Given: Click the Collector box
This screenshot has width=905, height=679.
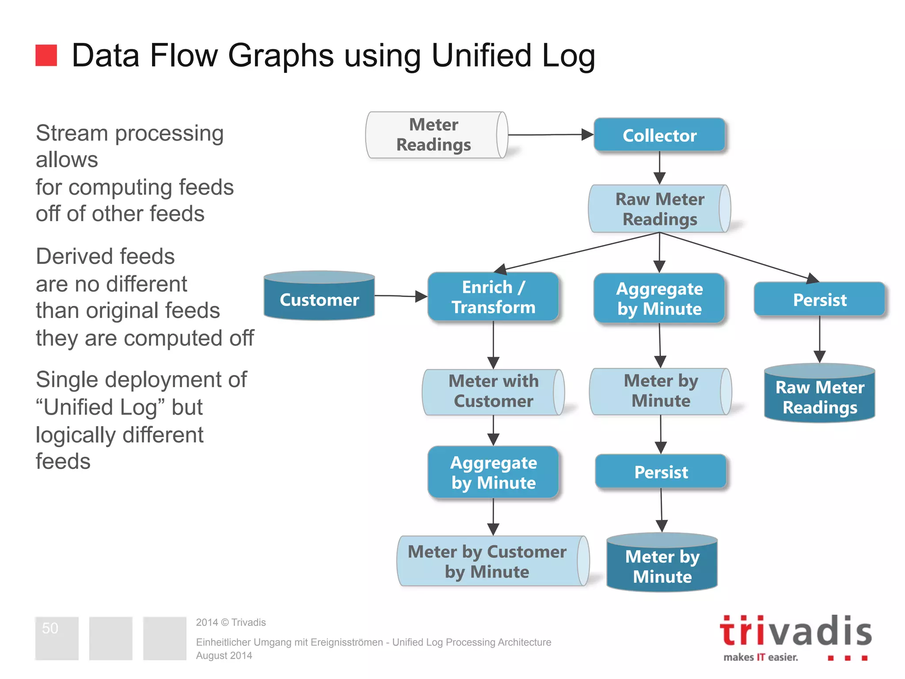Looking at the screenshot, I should coord(659,135).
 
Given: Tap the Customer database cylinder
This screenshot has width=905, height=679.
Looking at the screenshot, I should coord(319,296).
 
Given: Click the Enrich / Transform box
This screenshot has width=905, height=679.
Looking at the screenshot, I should coord(493,297).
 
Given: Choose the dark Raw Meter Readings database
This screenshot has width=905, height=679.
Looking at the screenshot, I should coord(820,393).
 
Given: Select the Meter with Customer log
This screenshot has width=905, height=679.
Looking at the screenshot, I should coord(493,392).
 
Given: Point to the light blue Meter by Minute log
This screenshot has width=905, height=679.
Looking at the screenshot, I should coord(660,391).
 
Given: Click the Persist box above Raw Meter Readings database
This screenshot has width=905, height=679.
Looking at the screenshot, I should coord(820,300).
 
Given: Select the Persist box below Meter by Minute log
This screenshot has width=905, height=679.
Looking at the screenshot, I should coord(661,472).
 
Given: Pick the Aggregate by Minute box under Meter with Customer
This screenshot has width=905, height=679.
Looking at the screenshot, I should coord(493,473).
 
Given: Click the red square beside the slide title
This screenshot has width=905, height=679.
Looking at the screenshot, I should coord(46,55).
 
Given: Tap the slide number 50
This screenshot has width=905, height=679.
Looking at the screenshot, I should coord(50,628).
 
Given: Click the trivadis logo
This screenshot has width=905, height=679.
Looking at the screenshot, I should coord(795,637).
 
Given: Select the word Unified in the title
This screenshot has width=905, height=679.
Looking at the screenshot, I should coord(481,56).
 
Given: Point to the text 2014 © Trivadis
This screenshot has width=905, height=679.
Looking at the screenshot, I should coord(231,622).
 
